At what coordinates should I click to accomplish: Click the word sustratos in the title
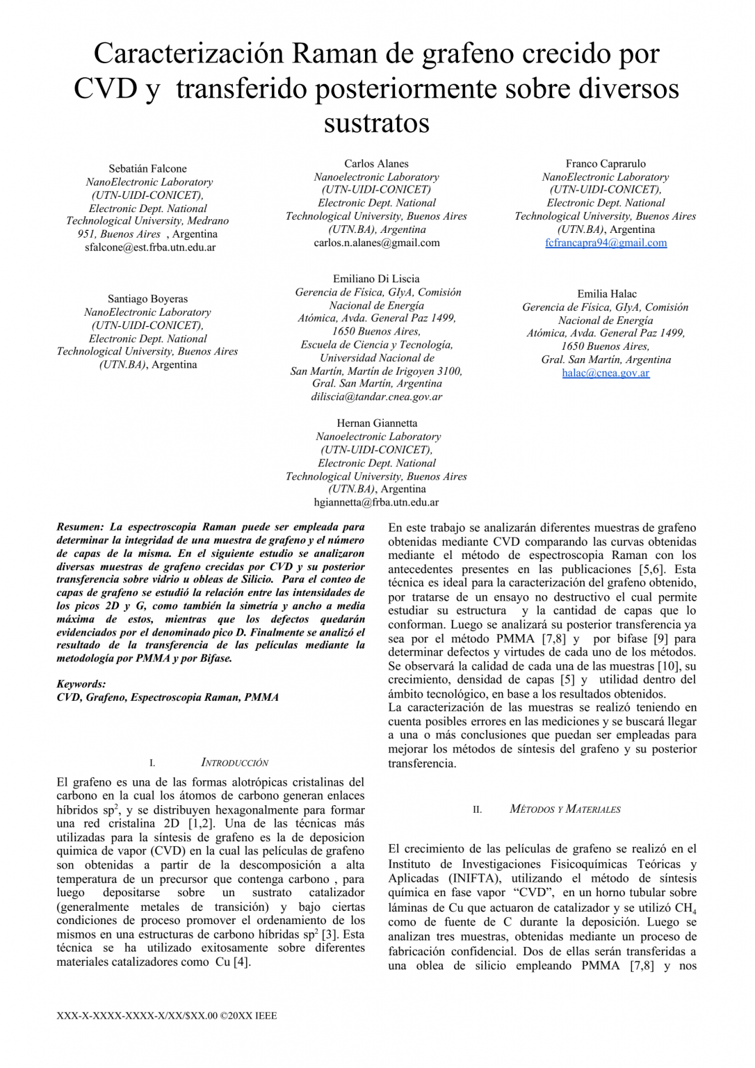pos(376,123)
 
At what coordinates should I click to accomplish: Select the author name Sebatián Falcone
pos(147,168)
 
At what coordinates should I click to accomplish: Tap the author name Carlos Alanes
pos(376,163)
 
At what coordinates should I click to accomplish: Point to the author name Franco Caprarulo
pos(606,163)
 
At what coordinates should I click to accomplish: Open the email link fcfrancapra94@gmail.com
pos(606,243)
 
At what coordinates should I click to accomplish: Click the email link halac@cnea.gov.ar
pos(606,373)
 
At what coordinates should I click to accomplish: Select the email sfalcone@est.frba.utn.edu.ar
pos(150,248)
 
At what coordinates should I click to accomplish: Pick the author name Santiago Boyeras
pos(147,299)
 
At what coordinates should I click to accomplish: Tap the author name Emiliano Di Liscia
pos(376,279)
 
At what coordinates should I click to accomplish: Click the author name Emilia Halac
pos(606,294)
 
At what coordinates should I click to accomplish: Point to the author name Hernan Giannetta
pos(377,423)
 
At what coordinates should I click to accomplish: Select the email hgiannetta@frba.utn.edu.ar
pos(376,502)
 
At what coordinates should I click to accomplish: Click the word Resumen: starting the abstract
pos(80,527)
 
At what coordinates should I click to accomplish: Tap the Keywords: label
pos(81,684)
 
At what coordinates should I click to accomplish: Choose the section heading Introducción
pos(234,763)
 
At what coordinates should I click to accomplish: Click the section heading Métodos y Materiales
pos(565,809)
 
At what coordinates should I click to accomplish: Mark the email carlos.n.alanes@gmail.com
pos(376,243)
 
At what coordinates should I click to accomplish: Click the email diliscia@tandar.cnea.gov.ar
pos(376,397)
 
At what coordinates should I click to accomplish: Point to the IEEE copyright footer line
pos(167,1016)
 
